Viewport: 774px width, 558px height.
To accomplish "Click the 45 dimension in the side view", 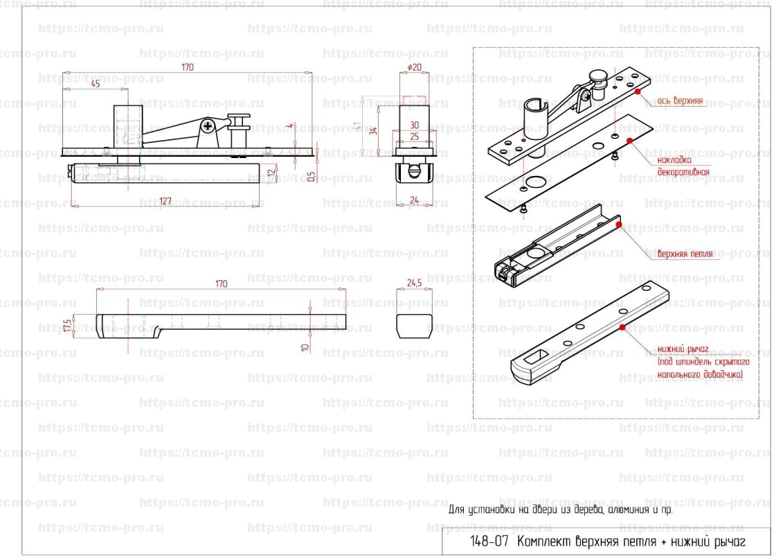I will [x=96, y=83].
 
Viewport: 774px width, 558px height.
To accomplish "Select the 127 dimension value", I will [x=165, y=202].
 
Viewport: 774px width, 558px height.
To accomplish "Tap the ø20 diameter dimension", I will [x=415, y=67].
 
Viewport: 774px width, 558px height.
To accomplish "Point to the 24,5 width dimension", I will [x=415, y=284].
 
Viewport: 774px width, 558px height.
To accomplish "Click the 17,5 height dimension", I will [x=66, y=325].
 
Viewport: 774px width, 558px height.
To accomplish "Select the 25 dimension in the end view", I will [x=414, y=137].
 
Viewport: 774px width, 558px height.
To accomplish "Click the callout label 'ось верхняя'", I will [x=680, y=101].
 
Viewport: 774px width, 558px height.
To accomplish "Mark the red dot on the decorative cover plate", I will [x=629, y=140].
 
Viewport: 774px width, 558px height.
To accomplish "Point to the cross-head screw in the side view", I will [x=207, y=125].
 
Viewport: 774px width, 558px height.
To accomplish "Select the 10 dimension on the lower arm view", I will [x=305, y=345].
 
